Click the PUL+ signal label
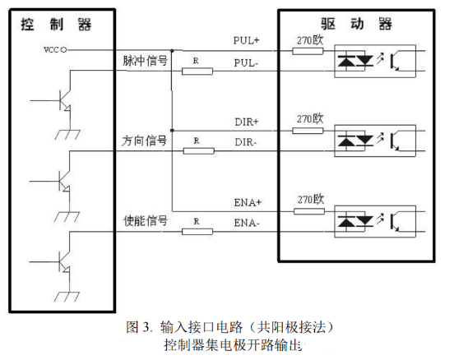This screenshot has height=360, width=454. pyautogui.click(x=247, y=40)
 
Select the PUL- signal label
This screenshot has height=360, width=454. pyautogui.click(x=247, y=62)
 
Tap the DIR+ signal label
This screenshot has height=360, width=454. pyautogui.click(x=247, y=121)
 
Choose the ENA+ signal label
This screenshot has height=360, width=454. pyautogui.click(x=247, y=201)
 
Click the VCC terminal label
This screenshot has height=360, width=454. pyautogui.click(x=50, y=49)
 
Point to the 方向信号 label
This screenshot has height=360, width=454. pyautogui.click(x=139, y=141)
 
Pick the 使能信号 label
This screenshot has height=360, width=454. pyautogui.click(x=139, y=221)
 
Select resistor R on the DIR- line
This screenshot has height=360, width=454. pyautogui.click(x=196, y=151)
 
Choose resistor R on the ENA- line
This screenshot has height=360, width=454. pyautogui.click(x=196, y=231)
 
